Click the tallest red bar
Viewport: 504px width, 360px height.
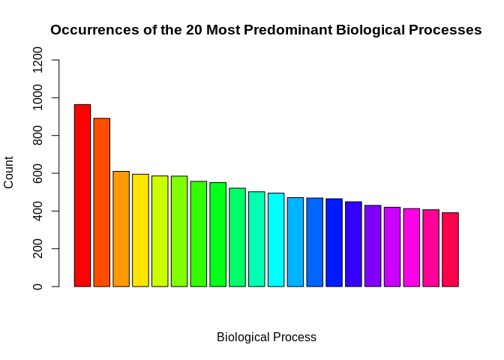pyautogui.click(x=82, y=195)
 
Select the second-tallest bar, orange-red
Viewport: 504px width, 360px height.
pyautogui.click(x=101, y=202)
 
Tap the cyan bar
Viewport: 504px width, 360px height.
pyautogui.click(x=276, y=240)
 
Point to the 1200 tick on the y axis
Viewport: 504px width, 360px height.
pyautogui.click(x=37, y=60)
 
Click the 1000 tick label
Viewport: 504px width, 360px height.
pyautogui.click(x=37, y=97)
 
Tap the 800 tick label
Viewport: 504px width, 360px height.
pyautogui.click(x=37, y=136)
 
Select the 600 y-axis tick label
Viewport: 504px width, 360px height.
pyautogui.click(x=37, y=173)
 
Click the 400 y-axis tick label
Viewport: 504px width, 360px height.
pyautogui.click(x=37, y=211)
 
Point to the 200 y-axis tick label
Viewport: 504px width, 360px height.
pyautogui.click(x=37, y=249)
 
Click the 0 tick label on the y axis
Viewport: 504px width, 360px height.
pyautogui.click(x=37, y=286)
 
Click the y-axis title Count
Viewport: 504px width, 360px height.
pyautogui.click(x=9, y=172)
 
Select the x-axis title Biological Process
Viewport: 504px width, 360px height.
pyautogui.click(x=266, y=337)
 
